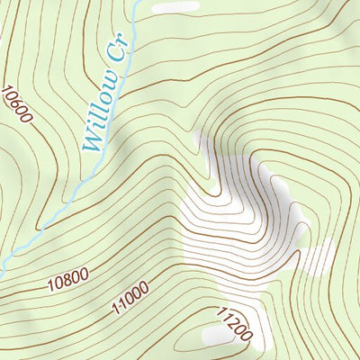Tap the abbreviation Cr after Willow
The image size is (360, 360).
[120, 49]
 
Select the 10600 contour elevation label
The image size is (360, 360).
[17, 106]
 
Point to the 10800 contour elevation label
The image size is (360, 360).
[68, 281]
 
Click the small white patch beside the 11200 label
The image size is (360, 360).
[218, 335]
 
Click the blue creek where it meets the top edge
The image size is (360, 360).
[136, 3]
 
